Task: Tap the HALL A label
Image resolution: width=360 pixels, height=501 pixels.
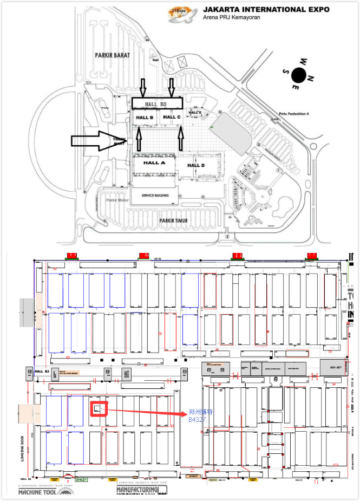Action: point(154,162)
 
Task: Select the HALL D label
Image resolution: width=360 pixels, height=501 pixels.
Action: point(196,165)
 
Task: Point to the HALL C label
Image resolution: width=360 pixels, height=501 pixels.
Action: point(172,117)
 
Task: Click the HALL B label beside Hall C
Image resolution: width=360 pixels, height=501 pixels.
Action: point(145,118)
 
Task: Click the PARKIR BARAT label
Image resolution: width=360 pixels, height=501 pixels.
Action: point(111,55)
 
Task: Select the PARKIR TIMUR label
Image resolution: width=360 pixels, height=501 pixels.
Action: point(176,221)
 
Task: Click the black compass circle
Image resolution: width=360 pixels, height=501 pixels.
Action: point(298,74)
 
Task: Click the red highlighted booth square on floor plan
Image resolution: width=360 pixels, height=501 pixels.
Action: point(99,409)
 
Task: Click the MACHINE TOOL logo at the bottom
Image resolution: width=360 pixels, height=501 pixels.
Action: point(46,492)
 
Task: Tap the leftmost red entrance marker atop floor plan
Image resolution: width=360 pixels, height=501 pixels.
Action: point(71,255)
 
